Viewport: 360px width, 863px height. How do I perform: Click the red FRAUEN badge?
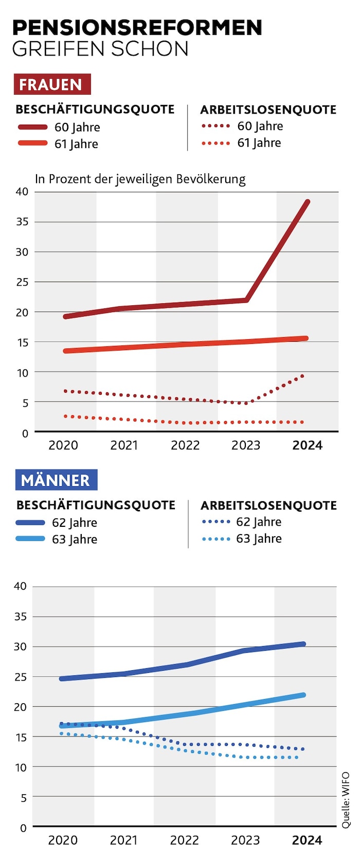click(52, 84)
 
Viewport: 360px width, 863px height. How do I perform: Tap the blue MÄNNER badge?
click(56, 480)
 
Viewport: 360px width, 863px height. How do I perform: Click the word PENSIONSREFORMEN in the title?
click(137, 28)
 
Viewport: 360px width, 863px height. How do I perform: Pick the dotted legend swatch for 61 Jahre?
click(215, 143)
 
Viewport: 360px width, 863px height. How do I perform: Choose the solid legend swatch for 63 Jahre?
click(30, 539)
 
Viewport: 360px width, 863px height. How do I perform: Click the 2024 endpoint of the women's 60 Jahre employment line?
click(308, 202)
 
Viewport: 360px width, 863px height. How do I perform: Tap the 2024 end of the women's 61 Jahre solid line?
click(306, 338)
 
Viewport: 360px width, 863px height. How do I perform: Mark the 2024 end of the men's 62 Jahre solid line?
click(303, 644)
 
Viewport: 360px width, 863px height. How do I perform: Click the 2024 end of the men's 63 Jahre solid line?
click(303, 695)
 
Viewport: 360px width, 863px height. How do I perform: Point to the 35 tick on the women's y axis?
click(22, 222)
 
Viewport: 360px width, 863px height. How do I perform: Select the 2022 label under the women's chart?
click(185, 446)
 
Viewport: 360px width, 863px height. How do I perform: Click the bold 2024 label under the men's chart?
click(307, 840)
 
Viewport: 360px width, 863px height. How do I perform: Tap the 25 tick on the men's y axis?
click(20, 677)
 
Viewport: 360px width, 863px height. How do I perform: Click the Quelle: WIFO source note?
click(346, 800)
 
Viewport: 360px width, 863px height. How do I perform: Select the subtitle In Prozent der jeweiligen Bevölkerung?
click(140, 179)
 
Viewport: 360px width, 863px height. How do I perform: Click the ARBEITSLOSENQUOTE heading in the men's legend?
click(268, 506)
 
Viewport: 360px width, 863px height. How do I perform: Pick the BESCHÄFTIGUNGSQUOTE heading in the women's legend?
click(95, 109)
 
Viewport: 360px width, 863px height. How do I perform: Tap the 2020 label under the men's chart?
click(63, 840)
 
